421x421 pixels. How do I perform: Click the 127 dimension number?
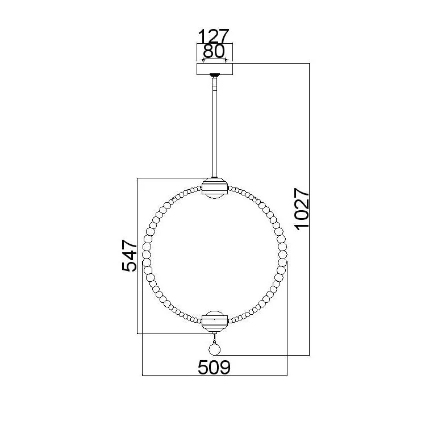(214, 36)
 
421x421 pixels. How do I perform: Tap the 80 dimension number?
(214, 51)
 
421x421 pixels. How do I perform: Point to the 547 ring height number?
(130, 256)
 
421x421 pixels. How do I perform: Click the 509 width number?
(214, 367)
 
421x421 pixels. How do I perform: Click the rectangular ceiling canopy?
(215, 69)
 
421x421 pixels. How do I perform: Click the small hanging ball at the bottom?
(215, 349)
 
